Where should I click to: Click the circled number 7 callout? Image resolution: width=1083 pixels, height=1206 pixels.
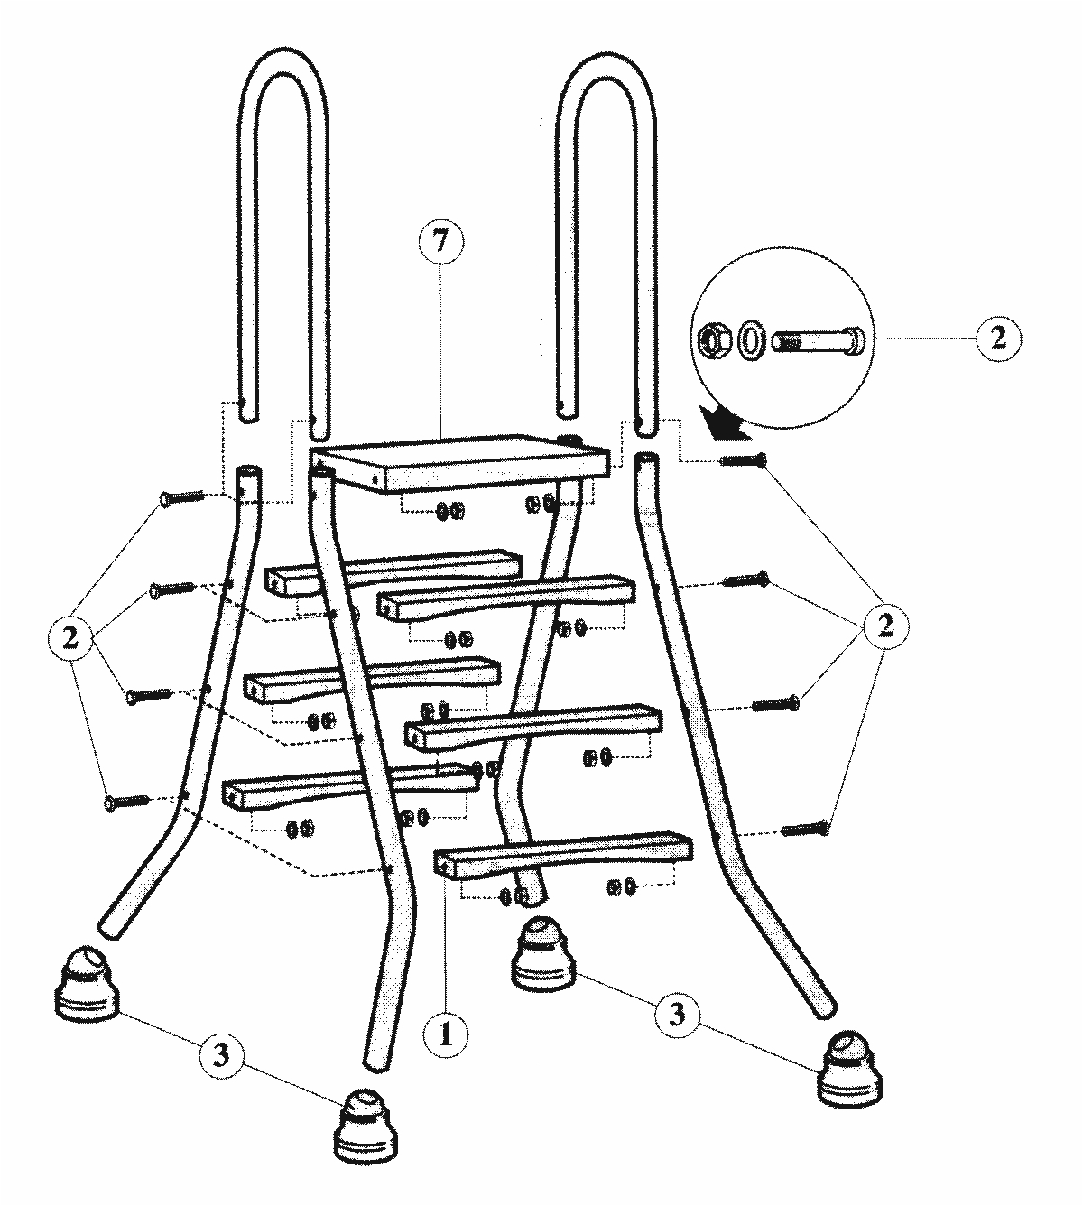click(x=440, y=241)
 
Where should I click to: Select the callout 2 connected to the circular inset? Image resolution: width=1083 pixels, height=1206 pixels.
click(x=996, y=338)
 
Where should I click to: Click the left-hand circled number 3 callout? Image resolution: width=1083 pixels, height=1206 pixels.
click(x=221, y=1053)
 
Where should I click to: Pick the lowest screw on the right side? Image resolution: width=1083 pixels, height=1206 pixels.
click(x=806, y=828)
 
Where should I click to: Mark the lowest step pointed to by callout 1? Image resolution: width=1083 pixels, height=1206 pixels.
click(x=564, y=854)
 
